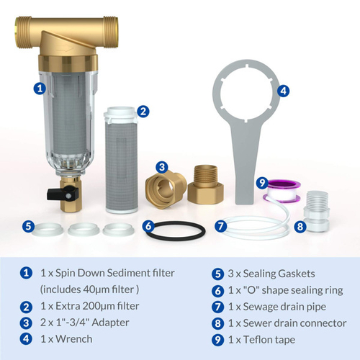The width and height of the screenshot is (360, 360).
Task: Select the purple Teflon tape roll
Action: [x=282, y=191]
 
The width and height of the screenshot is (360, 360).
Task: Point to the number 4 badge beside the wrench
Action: [x=283, y=91]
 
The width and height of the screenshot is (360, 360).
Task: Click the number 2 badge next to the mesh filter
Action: [x=143, y=112]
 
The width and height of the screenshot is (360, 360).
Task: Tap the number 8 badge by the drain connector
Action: [x=300, y=227]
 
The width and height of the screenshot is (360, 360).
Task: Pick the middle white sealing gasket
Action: [x=84, y=229]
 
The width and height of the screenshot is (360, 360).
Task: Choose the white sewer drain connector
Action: [x=316, y=211]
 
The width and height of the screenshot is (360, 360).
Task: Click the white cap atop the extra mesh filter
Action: [x=121, y=114]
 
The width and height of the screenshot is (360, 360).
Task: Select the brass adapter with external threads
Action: [x=206, y=184]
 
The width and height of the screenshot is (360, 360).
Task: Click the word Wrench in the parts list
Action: [x=74, y=339]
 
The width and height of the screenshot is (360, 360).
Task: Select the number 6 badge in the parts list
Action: [x=217, y=291]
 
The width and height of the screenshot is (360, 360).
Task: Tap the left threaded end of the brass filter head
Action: [x=23, y=32]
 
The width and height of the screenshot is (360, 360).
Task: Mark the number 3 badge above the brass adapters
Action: [x=162, y=167]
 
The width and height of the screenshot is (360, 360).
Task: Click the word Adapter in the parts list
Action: [x=111, y=323]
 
